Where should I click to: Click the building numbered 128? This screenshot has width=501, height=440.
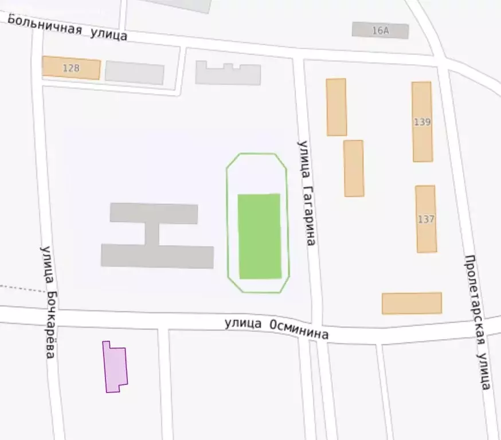point(71,68)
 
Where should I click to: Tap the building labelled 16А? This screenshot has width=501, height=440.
point(380,30)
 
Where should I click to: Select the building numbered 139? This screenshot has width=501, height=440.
point(422,121)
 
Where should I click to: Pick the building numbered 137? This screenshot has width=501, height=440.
point(426,219)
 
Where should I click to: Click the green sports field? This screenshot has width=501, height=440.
point(259,236)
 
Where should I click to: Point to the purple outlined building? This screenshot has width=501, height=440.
point(115,368)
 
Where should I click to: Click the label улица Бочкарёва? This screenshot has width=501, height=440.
point(48,302)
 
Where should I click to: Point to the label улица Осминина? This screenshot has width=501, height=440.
point(276,328)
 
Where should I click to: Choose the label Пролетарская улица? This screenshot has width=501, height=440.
point(477,322)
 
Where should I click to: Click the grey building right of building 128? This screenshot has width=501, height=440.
point(135,73)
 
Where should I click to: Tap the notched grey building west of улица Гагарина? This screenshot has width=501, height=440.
point(228,74)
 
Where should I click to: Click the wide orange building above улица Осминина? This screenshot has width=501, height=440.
point(412,303)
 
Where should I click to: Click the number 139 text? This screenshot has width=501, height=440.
point(422,122)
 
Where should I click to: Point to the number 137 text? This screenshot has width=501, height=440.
point(426,219)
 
